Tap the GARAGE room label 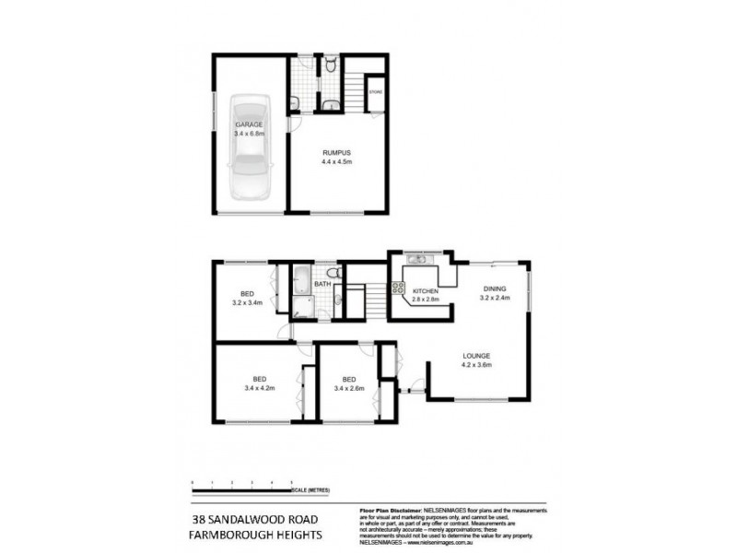click(x=249, y=124)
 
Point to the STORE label click(x=375, y=92)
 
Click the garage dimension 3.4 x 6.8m click(x=249, y=134)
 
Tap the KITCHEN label click(x=425, y=290)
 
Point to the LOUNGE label click(x=477, y=356)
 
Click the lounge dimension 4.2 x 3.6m click(x=477, y=365)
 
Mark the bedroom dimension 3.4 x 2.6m click(x=349, y=389)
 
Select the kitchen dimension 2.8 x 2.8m click(x=425, y=300)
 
